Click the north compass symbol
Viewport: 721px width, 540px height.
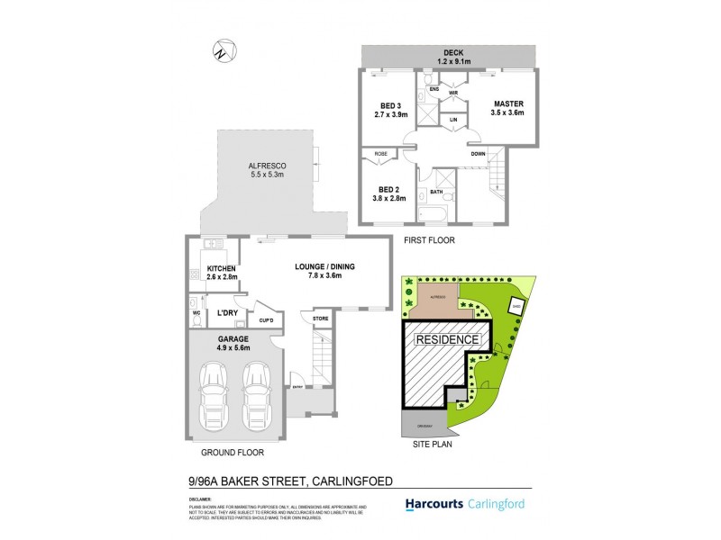pyautogui.click(x=219, y=51)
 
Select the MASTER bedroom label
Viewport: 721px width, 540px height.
pyautogui.click(x=507, y=109)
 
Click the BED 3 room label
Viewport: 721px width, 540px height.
pyautogui.click(x=391, y=110)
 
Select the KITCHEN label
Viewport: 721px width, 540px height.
pyautogui.click(x=221, y=274)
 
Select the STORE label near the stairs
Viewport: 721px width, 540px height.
pyautogui.click(x=320, y=319)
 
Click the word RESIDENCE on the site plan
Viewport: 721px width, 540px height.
pyautogui.click(x=447, y=340)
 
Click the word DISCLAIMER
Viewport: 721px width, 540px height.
pyautogui.click(x=201, y=498)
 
